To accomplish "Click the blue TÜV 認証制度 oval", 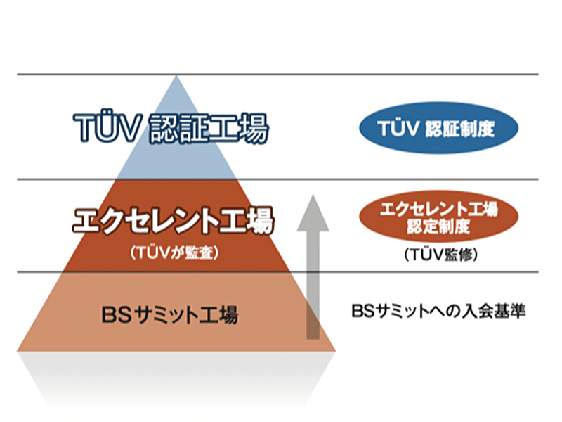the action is (438, 128).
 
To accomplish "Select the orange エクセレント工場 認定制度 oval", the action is (438, 217).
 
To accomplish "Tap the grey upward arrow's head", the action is (313, 213).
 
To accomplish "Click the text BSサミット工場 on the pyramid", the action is (170, 314).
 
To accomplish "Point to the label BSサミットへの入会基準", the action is (438, 311).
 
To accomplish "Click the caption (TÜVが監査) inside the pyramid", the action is (174, 253).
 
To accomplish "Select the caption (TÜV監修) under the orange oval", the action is (441, 255).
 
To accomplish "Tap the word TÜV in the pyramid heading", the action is (106, 128).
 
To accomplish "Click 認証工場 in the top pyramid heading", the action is (209, 129).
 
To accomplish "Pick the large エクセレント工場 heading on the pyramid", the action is (174, 220).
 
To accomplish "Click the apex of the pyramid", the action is (176, 75).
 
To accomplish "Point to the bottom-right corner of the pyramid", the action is (335, 350).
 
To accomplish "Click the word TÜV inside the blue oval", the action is (398, 128).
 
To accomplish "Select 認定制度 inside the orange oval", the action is (438, 226).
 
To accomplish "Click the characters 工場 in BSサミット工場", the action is (219, 314).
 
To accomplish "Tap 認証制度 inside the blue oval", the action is (460, 129).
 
